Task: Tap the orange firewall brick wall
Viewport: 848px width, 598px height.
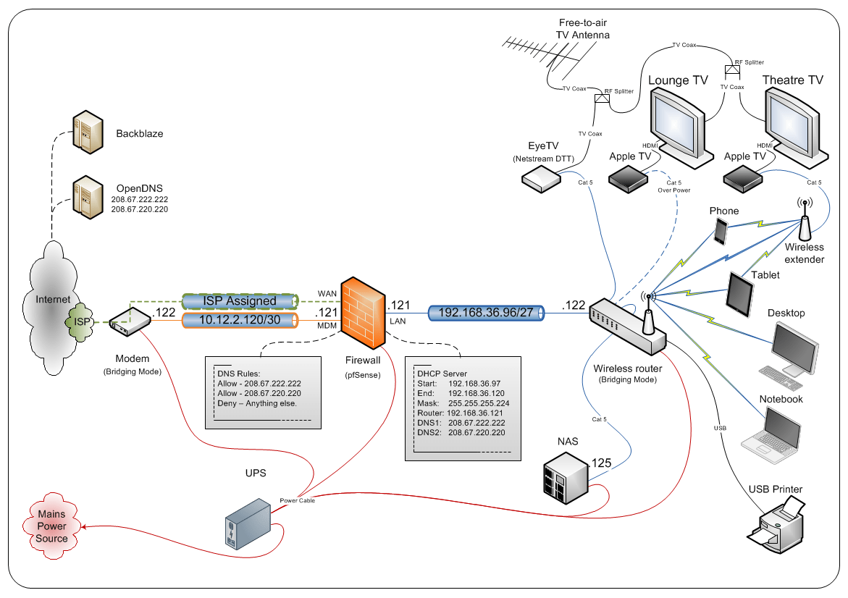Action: point(366,307)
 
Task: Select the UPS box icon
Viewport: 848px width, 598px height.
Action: point(248,524)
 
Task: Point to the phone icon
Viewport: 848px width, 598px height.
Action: point(721,232)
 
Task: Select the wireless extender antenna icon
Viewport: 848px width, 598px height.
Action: point(804,222)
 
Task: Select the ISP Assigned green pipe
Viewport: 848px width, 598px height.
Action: point(240,300)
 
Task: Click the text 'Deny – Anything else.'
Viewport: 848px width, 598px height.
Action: point(257,403)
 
